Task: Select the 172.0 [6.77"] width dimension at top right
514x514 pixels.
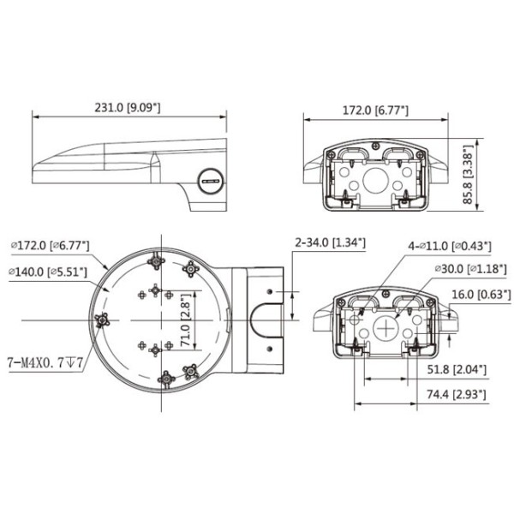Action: tap(376, 110)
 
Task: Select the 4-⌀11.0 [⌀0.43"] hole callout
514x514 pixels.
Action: tap(450, 246)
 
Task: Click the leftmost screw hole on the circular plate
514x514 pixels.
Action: tap(104, 320)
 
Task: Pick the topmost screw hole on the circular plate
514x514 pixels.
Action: tap(158, 259)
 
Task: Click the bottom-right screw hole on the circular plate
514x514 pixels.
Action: tap(190, 371)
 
